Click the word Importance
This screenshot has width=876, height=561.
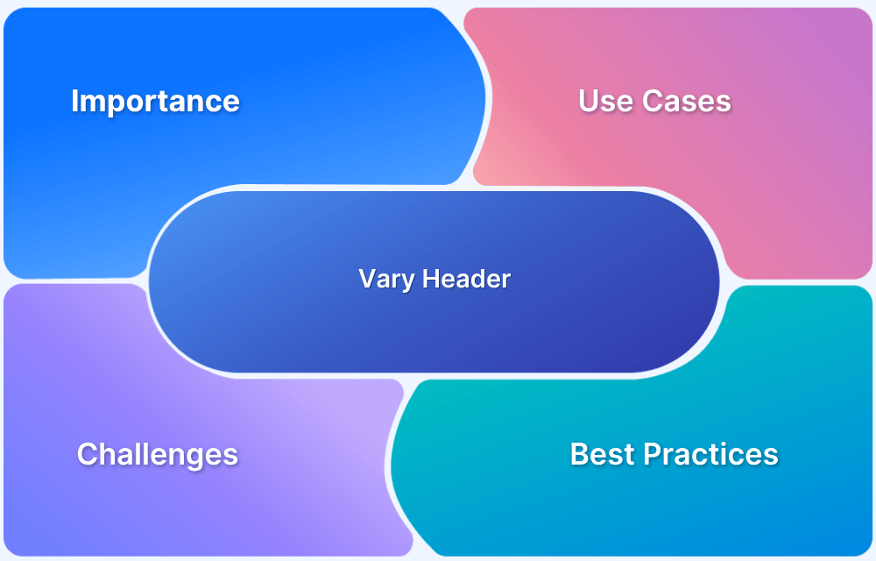tap(155, 103)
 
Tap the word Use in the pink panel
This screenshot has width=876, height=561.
tap(606, 101)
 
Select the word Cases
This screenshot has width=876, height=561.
tap(687, 101)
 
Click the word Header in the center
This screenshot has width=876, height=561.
tap(467, 278)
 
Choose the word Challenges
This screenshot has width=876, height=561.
tap(158, 455)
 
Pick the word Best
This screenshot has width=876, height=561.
tap(603, 454)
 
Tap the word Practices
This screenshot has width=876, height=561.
tap(710, 454)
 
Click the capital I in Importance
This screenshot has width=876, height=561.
tap(74, 101)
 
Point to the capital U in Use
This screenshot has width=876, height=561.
tap(589, 101)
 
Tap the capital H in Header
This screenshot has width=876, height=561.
tap(431, 278)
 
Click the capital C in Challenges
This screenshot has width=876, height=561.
tap(88, 454)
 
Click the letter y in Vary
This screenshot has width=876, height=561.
tap(408, 283)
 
